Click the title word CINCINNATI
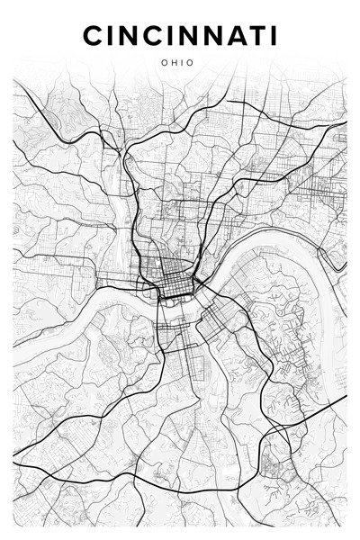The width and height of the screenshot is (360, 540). (x=180, y=35)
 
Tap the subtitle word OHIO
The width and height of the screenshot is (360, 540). (x=180, y=64)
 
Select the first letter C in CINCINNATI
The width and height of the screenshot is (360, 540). (x=94, y=35)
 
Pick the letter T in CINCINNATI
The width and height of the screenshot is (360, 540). (x=253, y=35)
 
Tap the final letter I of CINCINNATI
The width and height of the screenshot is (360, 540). (x=272, y=35)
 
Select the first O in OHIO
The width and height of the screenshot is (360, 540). (x=166, y=64)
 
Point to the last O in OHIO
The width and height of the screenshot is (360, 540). (x=194, y=64)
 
